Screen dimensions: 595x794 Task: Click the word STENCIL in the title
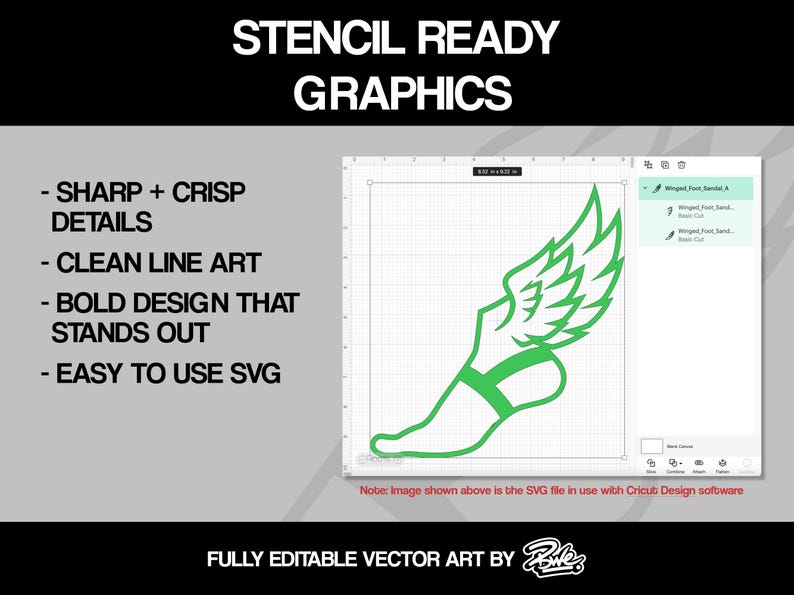pyautogui.click(x=322, y=38)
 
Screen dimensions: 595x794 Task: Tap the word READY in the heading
pyautogui.click(x=489, y=38)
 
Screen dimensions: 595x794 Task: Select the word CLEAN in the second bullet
pyautogui.click(x=103, y=263)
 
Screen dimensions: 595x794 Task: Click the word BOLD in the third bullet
pyautogui.click(x=102, y=303)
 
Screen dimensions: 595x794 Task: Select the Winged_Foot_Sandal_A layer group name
pyautogui.click(x=697, y=188)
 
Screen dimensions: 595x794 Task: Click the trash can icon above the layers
pyautogui.click(x=681, y=165)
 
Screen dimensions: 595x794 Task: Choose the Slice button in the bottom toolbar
pyautogui.click(x=651, y=465)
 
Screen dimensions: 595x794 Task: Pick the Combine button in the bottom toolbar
pyautogui.click(x=675, y=465)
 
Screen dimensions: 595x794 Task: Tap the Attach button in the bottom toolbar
pyautogui.click(x=699, y=465)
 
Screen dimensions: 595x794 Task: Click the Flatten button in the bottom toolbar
pyautogui.click(x=723, y=465)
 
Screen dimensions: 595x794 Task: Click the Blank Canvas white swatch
pyautogui.click(x=651, y=445)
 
